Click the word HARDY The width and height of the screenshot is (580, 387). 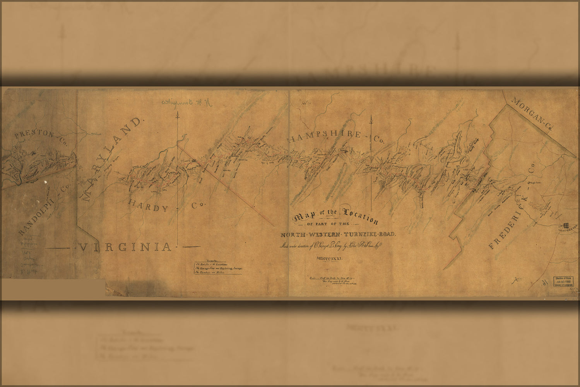149,206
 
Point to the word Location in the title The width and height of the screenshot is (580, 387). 359,216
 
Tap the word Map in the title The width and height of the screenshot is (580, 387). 305,218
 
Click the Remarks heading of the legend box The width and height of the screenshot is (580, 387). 217,260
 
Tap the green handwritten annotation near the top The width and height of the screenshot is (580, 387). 185,103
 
